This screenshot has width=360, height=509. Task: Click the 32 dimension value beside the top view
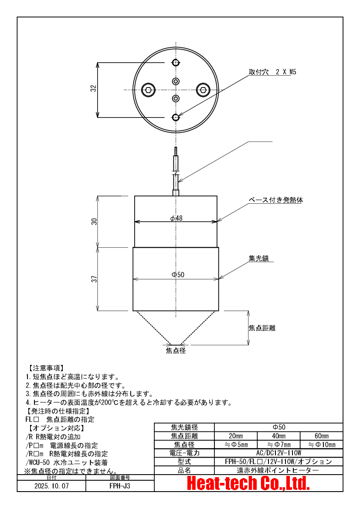[93, 89]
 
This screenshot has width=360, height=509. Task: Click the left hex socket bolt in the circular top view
[148, 90]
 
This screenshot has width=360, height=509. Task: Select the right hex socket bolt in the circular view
[202, 90]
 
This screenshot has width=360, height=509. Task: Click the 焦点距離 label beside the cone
[262, 328]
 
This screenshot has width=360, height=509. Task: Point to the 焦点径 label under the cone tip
[176, 350]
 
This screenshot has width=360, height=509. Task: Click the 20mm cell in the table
[236, 436]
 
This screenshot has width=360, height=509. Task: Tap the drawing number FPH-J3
[120, 485]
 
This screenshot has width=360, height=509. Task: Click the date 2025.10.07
[51, 485]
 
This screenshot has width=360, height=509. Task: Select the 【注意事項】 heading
[45, 368]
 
